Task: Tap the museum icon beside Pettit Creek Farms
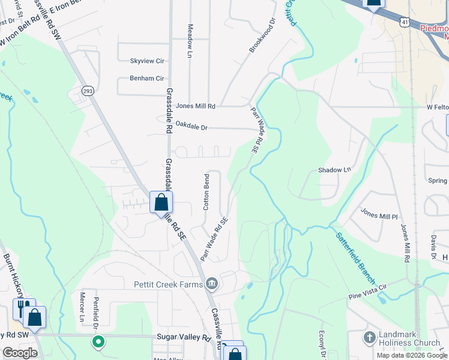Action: (211, 283)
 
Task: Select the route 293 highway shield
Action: (88, 90)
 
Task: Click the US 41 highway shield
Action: (406, 22)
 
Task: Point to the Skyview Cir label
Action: (147, 61)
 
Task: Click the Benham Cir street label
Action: (147, 78)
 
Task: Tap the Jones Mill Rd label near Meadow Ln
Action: (195, 106)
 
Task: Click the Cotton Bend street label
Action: (206, 192)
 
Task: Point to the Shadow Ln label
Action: (334, 170)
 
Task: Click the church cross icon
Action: (369, 338)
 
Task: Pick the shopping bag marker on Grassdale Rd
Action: (161, 202)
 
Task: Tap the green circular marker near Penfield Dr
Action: (98, 343)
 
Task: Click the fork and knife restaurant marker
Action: (23, 308)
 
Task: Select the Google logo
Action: (20, 353)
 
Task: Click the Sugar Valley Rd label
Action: (184, 338)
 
